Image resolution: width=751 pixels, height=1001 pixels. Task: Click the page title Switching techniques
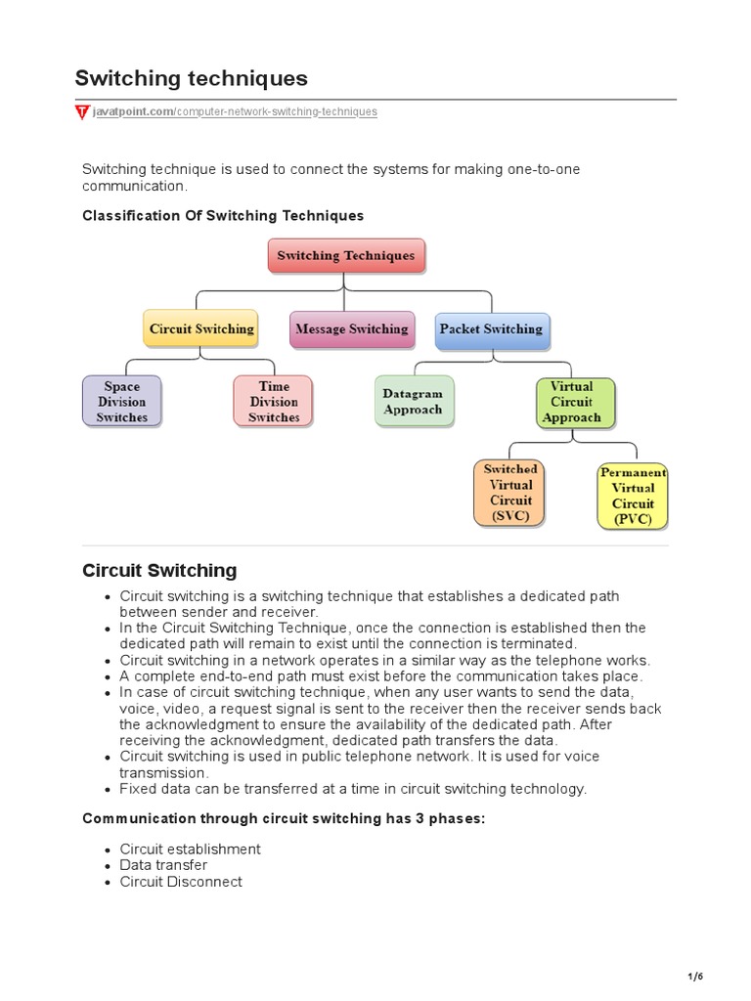click(191, 77)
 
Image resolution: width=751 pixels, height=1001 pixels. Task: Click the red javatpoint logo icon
click(82, 112)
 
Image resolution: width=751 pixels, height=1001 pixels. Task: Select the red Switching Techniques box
click(346, 256)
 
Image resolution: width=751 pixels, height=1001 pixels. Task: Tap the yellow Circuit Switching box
click(201, 329)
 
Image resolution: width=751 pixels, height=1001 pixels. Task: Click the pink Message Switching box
click(351, 329)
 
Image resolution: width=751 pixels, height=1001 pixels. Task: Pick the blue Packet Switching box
click(491, 329)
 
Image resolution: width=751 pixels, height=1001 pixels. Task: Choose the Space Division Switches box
click(122, 402)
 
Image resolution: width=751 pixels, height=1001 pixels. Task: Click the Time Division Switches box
click(274, 402)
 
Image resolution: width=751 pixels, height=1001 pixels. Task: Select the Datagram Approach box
click(413, 402)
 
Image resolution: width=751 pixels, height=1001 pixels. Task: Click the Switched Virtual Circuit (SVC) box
click(509, 493)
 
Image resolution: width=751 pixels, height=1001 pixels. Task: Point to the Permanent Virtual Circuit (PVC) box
click(633, 496)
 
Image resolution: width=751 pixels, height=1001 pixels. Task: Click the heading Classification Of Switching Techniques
click(223, 215)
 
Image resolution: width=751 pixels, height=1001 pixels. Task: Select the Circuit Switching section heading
click(159, 570)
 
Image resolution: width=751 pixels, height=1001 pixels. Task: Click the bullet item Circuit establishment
click(190, 849)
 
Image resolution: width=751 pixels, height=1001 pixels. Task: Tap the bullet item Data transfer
click(163, 865)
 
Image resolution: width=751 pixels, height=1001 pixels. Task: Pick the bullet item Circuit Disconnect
click(181, 882)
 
